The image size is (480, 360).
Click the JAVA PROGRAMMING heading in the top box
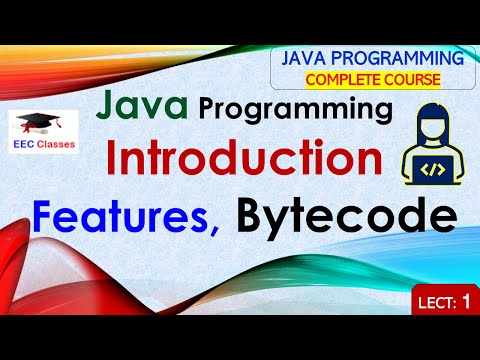tap(371, 59)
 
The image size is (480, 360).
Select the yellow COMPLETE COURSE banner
tap(371, 79)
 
